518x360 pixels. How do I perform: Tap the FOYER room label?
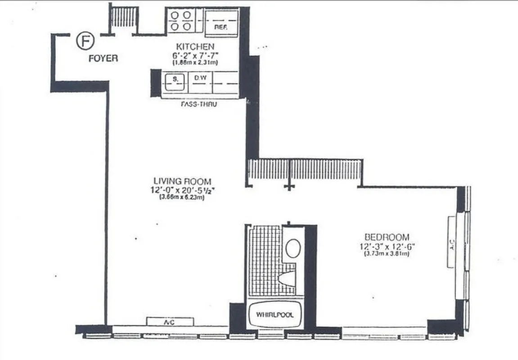click(103, 58)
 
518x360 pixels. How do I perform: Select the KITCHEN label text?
click(195, 46)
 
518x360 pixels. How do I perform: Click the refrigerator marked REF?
click(221, 23)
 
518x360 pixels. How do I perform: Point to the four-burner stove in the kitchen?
click(180, 21)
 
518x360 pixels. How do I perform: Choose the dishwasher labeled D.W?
click(200, 78)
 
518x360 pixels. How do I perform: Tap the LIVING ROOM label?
click(181, 181)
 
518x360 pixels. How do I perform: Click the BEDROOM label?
click(387, 237)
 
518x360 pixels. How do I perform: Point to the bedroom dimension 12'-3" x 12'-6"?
click(387, 246)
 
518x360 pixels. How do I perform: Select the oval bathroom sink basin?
click(293, 248)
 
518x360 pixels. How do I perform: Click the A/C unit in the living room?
click(170, 321)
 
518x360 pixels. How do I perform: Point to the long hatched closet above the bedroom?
click(305, 170)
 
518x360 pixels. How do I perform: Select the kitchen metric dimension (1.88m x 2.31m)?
click(195, 62)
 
